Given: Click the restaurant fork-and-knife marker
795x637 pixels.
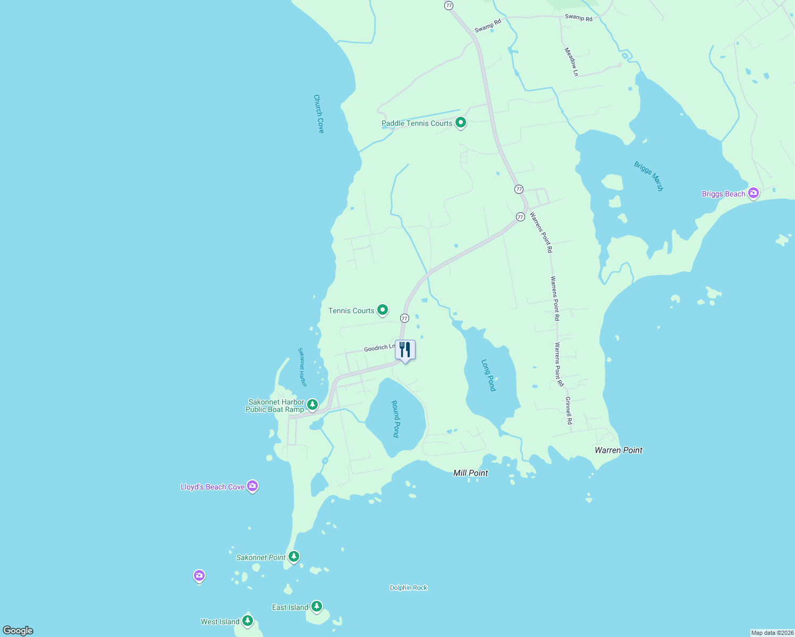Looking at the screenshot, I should [x=405, y=350].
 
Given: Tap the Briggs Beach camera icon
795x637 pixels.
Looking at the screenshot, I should [x=753, y=193].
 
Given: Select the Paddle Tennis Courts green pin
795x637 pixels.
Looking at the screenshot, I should [x=461, y=123].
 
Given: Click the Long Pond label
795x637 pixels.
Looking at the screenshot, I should [x=488, y=375].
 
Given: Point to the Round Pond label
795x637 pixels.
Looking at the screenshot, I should [x=395, y=419].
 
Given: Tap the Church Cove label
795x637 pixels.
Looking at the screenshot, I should [x=319, y=114].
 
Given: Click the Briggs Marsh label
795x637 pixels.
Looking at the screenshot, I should [x=648, y=176].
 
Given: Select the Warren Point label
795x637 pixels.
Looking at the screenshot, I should [x=619, y=450].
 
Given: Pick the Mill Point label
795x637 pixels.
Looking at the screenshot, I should [x=470, y=473].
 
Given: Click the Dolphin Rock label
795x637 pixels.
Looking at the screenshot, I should [x=408, y=588].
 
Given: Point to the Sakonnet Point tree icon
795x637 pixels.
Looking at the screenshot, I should [x=294, y=556].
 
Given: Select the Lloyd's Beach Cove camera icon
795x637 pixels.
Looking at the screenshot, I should [x=252, y=486].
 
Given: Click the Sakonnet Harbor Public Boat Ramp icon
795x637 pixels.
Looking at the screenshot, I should [x=312, y=405].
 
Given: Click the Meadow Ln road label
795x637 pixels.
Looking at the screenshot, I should [x=571, y=62].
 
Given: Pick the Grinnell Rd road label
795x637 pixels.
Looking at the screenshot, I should [x=569, y=410].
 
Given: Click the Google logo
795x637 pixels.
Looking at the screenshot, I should [x=18, y=631].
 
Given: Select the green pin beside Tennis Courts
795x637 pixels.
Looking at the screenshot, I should [x=382, y=309].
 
